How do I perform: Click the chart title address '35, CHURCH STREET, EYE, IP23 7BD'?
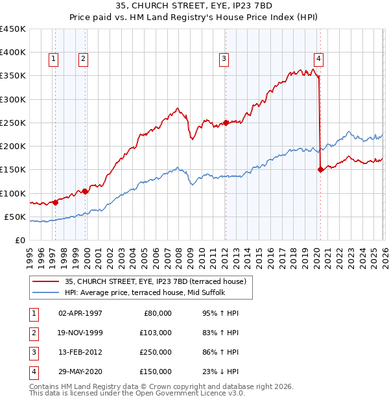[x=194, y=6]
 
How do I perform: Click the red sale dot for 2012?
[x=226, y=123]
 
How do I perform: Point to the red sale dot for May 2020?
[x=320, y=170]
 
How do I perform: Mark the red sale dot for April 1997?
[x=55, y=202]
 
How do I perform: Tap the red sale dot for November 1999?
[x=86, y=191]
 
